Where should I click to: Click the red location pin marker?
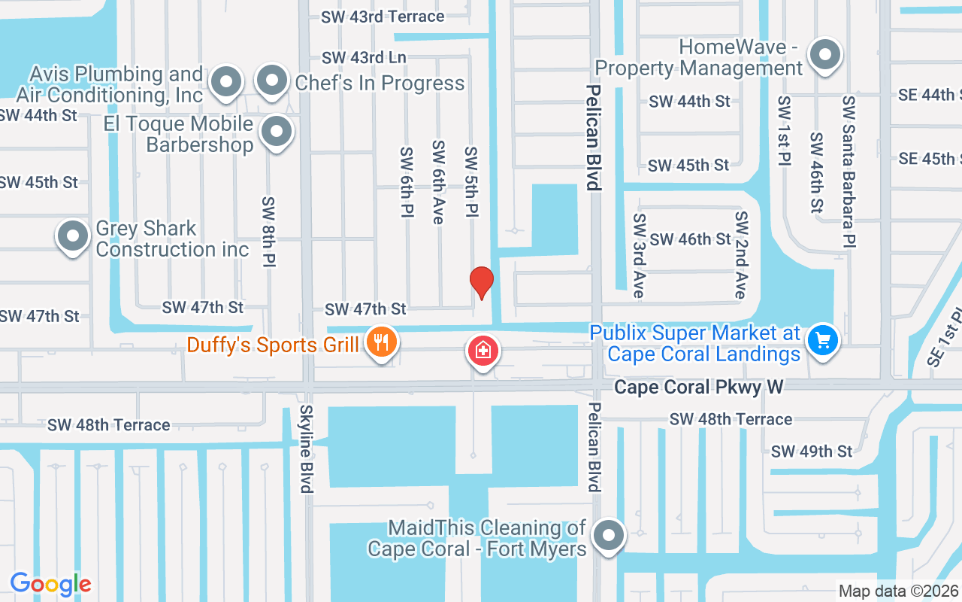click(x=482, y=283)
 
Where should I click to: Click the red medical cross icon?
click(x=483, y=351)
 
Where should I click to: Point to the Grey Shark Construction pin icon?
click(x=73, y=236)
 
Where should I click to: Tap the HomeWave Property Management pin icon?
click(x=825, y=55)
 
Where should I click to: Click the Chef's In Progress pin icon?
click(x=272, y=81)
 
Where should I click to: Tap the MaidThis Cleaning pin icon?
click(x=608, y=537)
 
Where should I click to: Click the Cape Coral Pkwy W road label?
click(x=698, y=387)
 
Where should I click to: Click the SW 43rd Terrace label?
click(x=383, y=16)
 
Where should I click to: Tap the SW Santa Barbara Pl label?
click(x=849, y=172)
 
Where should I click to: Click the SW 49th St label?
click(x=812, y=451)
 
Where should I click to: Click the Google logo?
click(x=51, y=583)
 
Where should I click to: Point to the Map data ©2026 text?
click(x=898, y=591)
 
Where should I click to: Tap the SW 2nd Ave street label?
click(x=742, y=254)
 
